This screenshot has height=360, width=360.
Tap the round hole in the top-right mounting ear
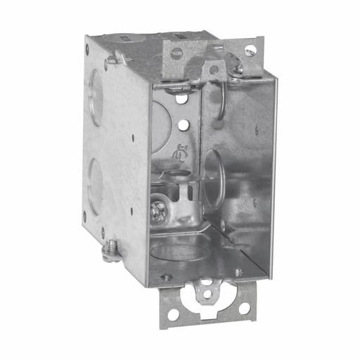point(250,51)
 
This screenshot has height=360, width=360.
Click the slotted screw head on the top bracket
point(177,53)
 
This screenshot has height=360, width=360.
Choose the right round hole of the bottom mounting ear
point(243,308)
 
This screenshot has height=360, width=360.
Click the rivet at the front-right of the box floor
point(238,272)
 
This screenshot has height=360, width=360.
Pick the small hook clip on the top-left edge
point(112,60)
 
